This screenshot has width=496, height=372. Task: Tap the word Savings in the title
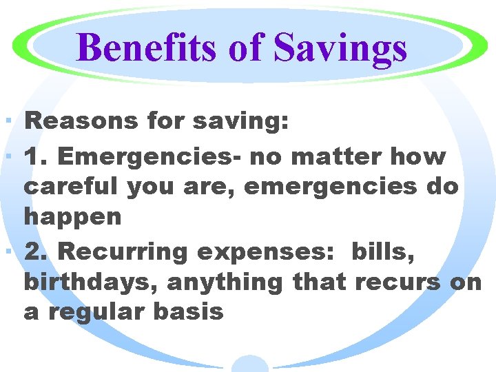(340, 48)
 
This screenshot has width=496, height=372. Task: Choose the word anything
(226, 282)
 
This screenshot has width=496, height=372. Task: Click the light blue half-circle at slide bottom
(249, 364)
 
